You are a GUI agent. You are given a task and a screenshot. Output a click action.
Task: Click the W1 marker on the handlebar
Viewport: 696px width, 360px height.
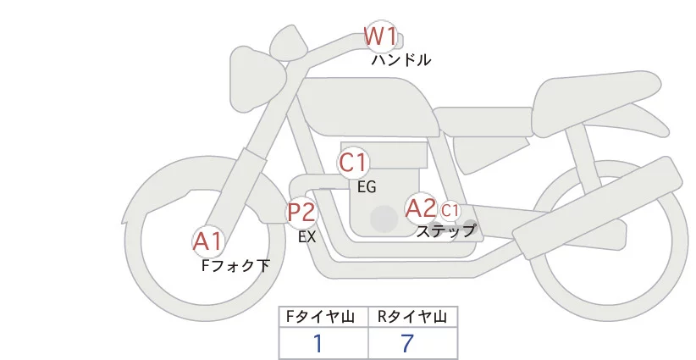click(x=380, y=36)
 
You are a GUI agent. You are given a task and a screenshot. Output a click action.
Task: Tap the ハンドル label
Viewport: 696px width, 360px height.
click(x=401, y=60)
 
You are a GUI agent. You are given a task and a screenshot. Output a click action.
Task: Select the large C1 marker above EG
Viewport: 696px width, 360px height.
click(x=353, y=161)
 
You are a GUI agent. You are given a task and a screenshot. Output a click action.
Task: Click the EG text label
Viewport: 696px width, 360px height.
click(x=367, y=187)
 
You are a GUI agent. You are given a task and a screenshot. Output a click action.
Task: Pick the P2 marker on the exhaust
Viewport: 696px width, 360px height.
click(x=301, y=212)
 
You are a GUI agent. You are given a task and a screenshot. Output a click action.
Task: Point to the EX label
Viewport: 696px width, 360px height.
click(x=307, y=238)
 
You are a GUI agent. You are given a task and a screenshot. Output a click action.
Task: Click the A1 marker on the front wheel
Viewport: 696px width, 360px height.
click(x=207, y=242)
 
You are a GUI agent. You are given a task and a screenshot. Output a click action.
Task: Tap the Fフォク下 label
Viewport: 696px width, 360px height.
click(x=235, y=266)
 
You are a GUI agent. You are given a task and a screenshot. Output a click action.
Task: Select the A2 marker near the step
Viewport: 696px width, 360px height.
click(x=421, y=208)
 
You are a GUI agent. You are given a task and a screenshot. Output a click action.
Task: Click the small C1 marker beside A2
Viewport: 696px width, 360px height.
click(x=450, y=209)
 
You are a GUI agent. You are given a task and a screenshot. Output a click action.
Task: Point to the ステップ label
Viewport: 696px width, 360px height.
click(x=445, y=230)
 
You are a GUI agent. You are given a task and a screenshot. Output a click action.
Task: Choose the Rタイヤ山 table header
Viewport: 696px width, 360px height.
click(x=412, y=318)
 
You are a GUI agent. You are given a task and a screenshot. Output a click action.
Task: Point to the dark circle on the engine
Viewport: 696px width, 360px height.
click(x=384, y=219)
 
